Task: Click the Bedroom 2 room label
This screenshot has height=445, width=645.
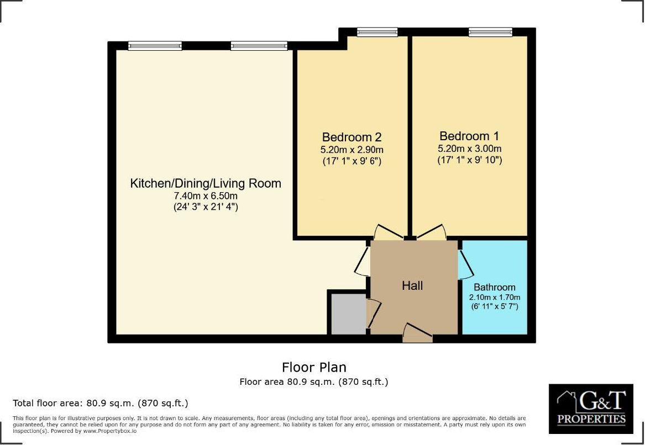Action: [352, 137]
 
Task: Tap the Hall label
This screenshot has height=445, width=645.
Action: [412, 285]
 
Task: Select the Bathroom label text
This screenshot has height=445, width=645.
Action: [494, 287]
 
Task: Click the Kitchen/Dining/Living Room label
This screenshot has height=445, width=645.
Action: [206, 183]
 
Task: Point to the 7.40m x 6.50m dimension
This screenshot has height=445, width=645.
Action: [206, 196]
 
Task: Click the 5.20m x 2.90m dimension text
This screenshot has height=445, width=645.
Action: [352, 150]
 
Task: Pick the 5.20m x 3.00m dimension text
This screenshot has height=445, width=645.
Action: [469, 149]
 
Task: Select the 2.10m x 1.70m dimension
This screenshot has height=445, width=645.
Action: [494, 297]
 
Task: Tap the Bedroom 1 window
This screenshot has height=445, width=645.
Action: [490, 33]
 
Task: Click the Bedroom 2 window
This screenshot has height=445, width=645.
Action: [377, 33]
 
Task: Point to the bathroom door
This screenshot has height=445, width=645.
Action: [465, 262]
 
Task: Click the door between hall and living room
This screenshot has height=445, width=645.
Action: [363, 262]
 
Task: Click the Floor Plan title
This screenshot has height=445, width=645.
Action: [314, 367]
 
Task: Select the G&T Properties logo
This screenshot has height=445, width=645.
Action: [591, 409]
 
